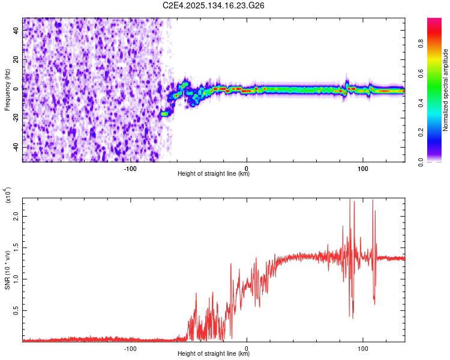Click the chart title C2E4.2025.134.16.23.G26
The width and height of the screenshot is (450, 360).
click(x=214, y=5)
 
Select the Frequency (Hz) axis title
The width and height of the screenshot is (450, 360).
click(x=7, y=90)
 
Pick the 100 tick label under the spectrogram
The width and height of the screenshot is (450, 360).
click(x=362, y=168)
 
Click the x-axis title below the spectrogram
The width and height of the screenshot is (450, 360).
click(x=214, y=174)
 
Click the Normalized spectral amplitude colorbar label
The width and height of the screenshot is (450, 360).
click(x=445, y=90)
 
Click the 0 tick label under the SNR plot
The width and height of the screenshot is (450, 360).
click(x=247, y=348)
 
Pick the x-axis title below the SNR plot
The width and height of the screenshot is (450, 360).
click(x=214, y=354)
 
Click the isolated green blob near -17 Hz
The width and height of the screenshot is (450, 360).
click(x=164, y=113)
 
